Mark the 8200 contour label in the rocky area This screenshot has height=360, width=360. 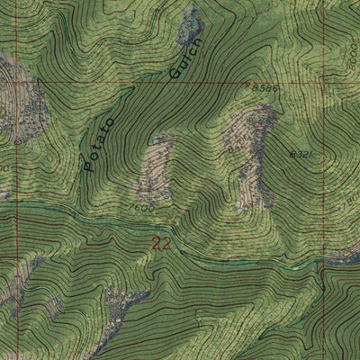click(x=236, y=144)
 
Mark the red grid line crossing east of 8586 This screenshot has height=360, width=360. click(x=292, y=84)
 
